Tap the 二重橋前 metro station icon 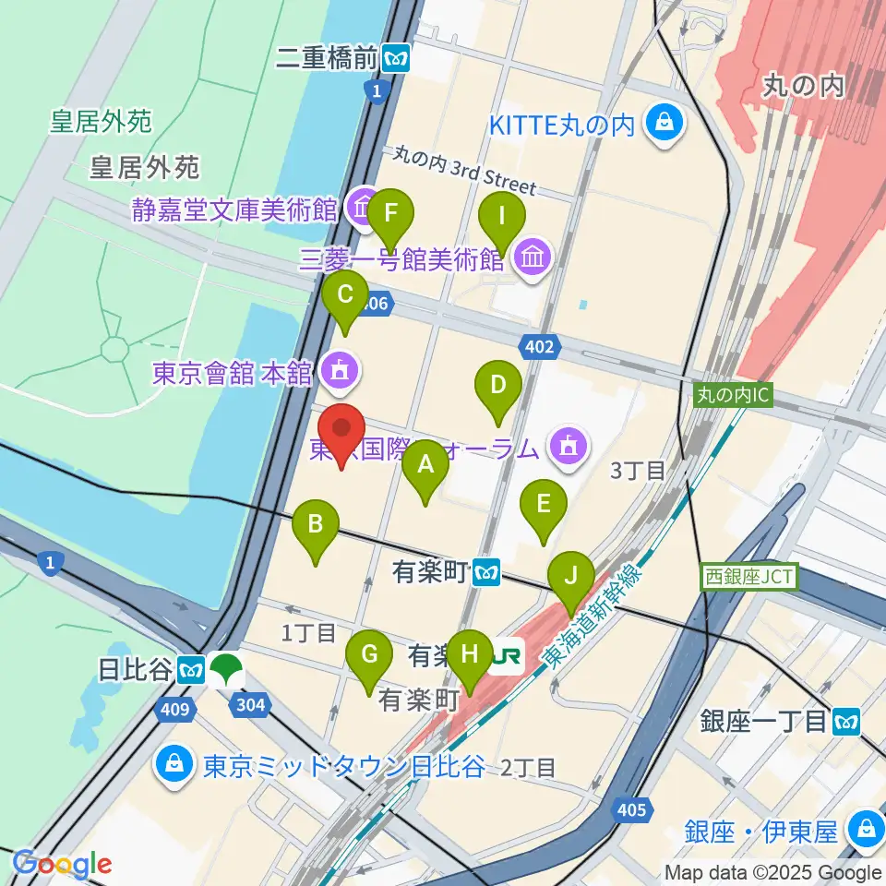397,59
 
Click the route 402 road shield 541,347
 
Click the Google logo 63,864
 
